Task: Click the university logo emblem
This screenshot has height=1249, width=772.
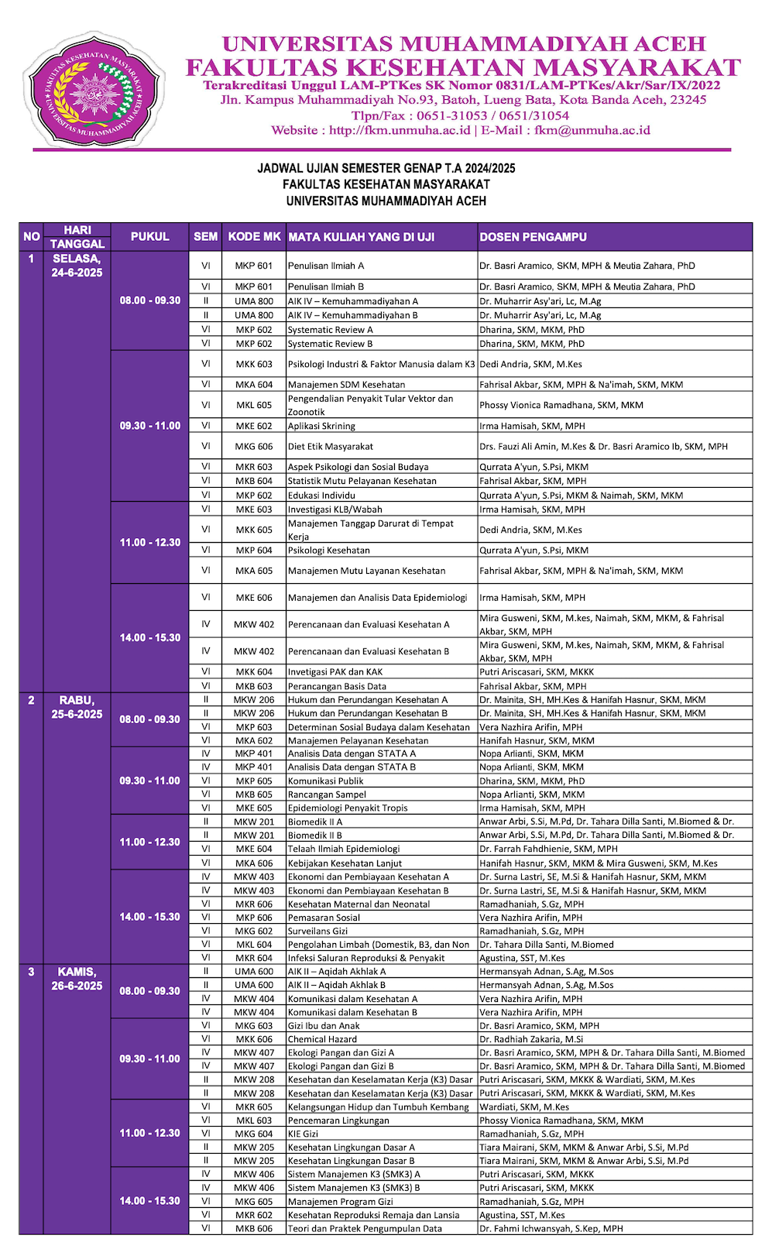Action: click(94, 89)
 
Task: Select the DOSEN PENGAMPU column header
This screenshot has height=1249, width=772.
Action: click(533, 237)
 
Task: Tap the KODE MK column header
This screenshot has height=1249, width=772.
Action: click(254, 237)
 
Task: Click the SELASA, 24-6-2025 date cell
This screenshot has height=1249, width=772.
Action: click(77, 266)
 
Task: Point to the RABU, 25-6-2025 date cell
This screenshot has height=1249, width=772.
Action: click(77, 707)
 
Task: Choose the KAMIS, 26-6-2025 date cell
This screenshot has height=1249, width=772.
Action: click(77, 979)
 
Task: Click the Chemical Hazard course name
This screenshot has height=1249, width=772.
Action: click(322, 1039)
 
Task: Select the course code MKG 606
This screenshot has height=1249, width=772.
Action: click(254, 446)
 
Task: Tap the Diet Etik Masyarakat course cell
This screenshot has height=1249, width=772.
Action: click(331, 446)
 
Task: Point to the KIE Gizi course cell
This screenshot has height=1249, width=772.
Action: click(303, 1134)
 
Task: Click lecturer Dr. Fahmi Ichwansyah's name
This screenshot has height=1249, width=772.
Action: click(551, 1228)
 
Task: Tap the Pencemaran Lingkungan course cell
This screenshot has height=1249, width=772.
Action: click(338, 1120)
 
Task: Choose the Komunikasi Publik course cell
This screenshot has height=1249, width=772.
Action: click(325, 781)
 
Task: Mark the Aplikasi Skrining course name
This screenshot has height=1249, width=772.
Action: click(321, 426)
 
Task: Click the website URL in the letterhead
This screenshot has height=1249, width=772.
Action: click(400, 130)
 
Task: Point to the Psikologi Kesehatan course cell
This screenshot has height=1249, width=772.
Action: click(329, 551)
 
